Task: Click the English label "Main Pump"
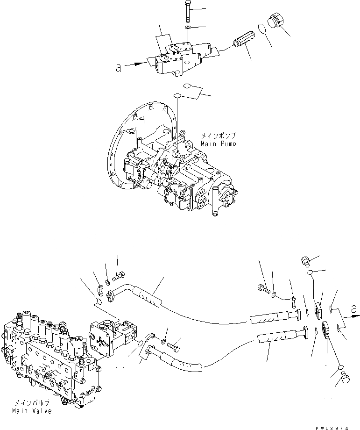click(218, 143)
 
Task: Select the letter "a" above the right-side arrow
click(355, 309)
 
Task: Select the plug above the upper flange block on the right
click(306, 261)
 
